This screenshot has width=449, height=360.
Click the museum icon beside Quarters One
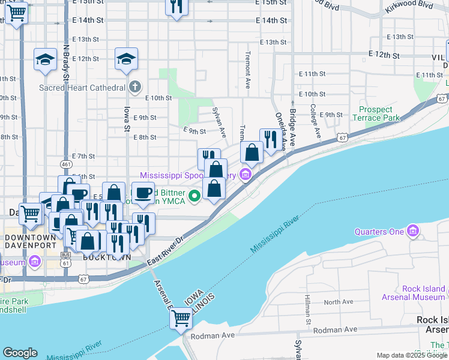point(413,231)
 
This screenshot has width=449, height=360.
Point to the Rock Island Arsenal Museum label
point(414,293)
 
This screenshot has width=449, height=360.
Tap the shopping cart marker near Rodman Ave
point(181,319)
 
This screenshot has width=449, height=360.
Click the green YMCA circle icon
point(194,196)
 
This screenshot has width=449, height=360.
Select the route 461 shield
point(66,164)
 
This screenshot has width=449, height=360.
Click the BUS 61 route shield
point(66,257)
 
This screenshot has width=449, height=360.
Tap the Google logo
point(20,353)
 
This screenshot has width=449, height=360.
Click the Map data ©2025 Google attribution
point(412,355)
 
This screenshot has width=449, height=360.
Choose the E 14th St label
point(271,20)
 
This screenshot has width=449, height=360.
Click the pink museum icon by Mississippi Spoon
point(244,175)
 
